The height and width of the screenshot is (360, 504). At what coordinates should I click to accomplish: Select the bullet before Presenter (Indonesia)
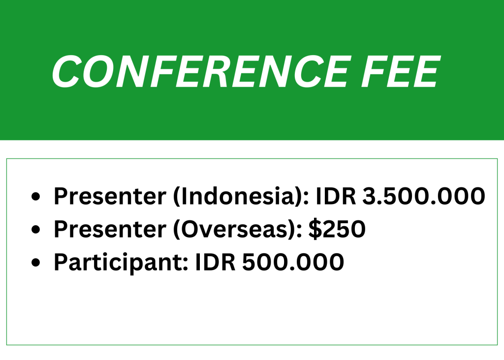point(35,196)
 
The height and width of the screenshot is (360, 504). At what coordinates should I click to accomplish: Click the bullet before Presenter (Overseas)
point(35,229)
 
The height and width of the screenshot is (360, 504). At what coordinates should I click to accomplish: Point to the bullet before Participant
point(35,262)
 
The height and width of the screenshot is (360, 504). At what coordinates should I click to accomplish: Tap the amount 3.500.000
point(424,196)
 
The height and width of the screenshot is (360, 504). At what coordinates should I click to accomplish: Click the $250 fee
point(337,229)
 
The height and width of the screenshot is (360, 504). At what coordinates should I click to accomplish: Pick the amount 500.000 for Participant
point(293,262)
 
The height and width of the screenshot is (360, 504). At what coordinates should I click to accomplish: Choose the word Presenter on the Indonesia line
point(110,196)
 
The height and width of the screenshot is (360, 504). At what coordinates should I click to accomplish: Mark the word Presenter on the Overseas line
point(110,229)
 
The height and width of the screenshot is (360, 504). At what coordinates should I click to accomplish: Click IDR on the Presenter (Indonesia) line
point(336,196)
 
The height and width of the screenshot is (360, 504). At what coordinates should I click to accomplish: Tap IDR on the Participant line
point(216,262)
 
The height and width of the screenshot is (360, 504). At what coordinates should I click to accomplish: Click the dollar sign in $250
point(315,229)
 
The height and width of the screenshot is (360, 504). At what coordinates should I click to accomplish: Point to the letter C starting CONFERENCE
point(66,71)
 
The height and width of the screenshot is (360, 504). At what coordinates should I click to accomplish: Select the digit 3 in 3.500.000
point(370,196)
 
